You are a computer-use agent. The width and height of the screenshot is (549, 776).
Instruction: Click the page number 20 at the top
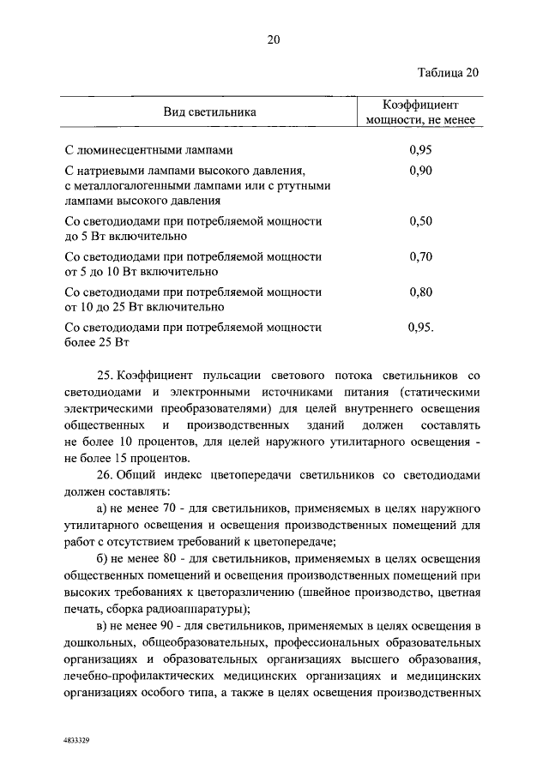point(274,39)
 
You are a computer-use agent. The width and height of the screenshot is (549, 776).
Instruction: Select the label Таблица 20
point(449,71)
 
